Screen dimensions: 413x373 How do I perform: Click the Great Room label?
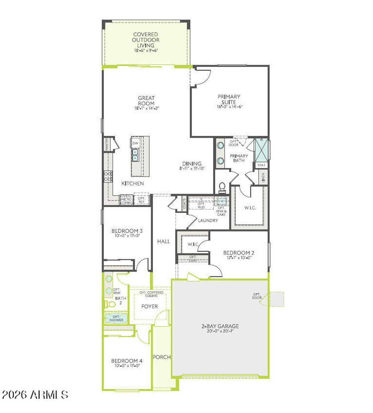coord(146,101)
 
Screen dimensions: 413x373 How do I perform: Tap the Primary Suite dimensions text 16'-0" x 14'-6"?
coord(229,107)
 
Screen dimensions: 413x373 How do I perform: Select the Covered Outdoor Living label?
coord(146,40)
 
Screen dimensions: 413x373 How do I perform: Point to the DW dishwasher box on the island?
coord(135,143)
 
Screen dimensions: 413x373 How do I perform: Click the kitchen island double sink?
coord(135,156)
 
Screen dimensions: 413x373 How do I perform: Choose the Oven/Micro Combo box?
coord(126,200)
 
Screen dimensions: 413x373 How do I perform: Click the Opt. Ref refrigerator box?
coord(141,200)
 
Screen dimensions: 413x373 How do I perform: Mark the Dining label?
coord(192,164)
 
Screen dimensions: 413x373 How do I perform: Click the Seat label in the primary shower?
coord(262,165)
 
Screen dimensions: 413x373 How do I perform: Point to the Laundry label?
coord(208,221)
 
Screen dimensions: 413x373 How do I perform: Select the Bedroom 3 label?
coord(127,231)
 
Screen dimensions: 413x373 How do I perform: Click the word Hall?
coord(164,241)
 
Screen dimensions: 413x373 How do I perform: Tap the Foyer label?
coord(150,306)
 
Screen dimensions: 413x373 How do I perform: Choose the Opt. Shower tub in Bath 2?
coord(116,318)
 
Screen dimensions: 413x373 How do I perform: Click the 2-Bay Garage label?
coord(220,326)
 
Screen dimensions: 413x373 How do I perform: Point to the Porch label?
coord(161,357)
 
